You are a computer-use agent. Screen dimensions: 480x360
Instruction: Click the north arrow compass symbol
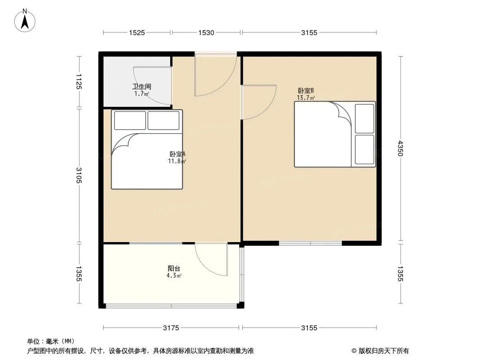pyautogui.click(x=25, y=21)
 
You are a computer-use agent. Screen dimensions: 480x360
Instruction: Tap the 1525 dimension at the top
pyautogui.click(x=137, y=33)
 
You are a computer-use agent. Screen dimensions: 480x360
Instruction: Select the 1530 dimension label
pyautogui.click(x=206, y=33)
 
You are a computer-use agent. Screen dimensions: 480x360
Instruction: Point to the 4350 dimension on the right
pyautogui.click(x=400, y=148)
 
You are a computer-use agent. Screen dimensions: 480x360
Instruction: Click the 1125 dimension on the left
pyautogui.click(x=79, y=81)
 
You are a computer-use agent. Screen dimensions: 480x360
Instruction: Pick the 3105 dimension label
pyautogui.click(x=79, y=175)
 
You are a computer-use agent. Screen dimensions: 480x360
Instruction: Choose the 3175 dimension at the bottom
pyautogui.click(x=171, y=328)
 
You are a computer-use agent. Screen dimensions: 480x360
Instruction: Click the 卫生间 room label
pyautogui.click(x=141, y=86)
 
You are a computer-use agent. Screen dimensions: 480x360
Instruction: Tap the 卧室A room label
pyautogui.click(x=177, y=154)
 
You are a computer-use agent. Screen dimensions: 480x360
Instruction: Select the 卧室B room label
pyautogui.click(x=306, y=91)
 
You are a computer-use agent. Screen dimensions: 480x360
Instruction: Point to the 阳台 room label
pyautogui.click(x=174, y=269)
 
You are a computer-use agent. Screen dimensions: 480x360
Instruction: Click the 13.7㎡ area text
pyautogui.click(x=306, y=98)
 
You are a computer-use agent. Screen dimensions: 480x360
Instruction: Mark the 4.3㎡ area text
pyautogui.click(x=174, y=275)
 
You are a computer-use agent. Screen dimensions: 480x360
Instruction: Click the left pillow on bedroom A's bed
pyautogui.click(x=130, y=121)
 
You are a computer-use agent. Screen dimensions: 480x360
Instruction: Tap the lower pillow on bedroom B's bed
pyautogui.click(x=364, y=149)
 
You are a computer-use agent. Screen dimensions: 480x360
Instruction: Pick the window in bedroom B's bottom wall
pyautogui.click(x=310, y=243)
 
